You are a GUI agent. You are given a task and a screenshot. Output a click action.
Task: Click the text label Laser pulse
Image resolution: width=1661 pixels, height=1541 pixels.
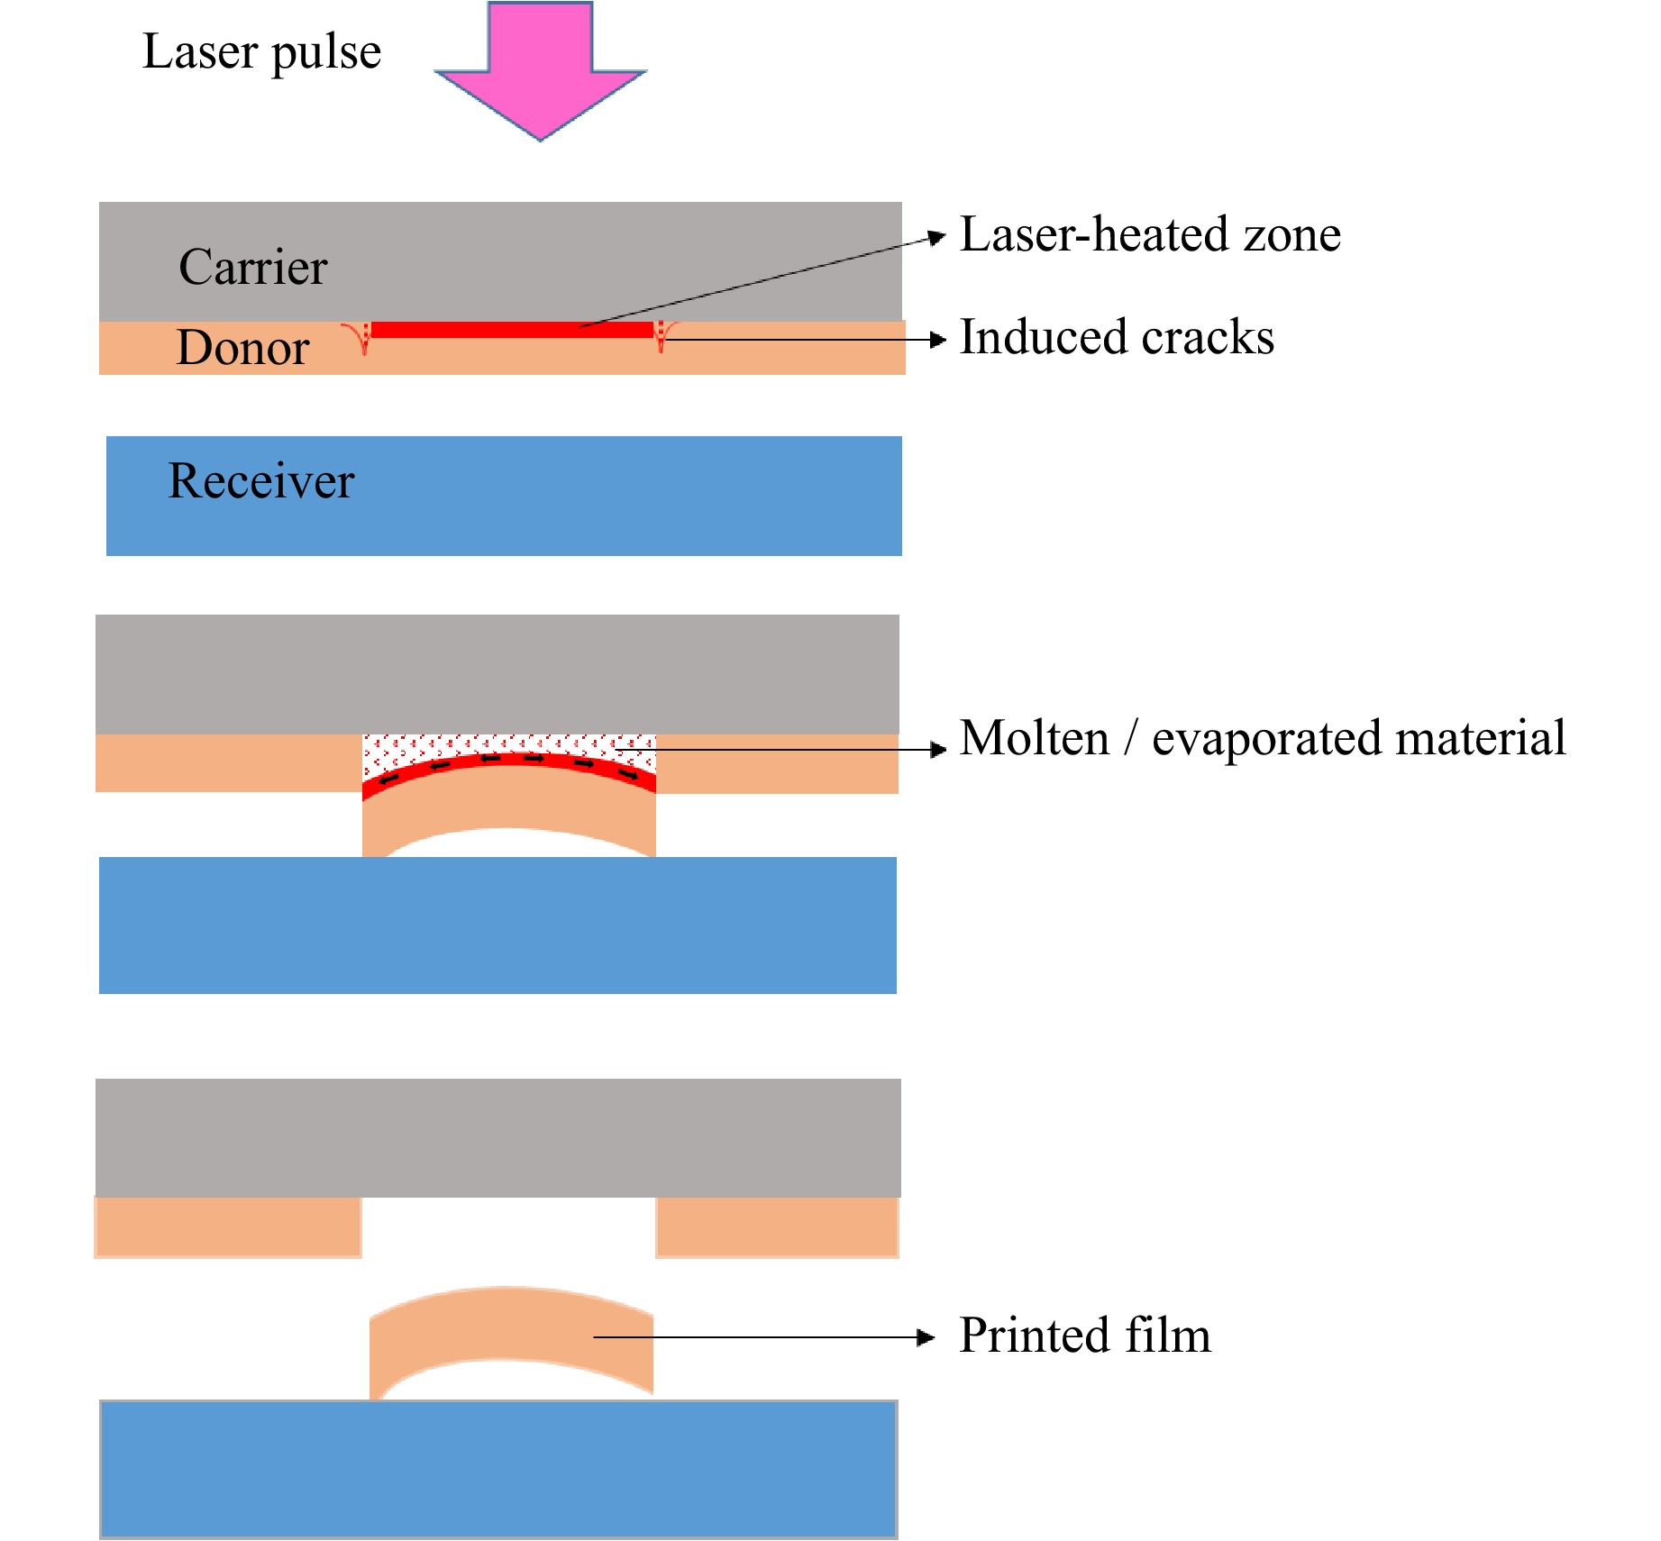(261, 51)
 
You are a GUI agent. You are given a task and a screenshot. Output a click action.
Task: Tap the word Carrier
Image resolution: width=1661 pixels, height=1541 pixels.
(252, 267)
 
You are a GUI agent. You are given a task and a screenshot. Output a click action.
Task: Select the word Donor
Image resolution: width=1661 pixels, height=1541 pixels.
(242, 348)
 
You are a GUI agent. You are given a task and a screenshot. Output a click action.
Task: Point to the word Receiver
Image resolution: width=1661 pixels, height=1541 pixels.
(261, 480)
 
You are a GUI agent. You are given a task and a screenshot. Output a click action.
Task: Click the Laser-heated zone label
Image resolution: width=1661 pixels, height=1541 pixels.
(1150, 234)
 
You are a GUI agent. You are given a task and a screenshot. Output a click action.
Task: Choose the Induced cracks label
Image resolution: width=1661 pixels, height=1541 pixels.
(1117, 337)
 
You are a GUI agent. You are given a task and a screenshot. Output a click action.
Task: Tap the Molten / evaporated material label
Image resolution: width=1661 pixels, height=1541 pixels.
(1262, 738)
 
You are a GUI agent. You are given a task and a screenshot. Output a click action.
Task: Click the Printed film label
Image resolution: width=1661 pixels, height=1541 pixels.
(1084, 1336)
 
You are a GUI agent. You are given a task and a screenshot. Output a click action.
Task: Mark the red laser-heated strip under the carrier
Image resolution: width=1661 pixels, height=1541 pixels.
(511, 330)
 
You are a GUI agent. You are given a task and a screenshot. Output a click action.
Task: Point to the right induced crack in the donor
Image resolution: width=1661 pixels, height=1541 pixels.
(662, 336)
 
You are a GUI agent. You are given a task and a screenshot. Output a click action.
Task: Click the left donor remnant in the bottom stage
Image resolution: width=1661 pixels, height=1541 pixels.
(228, 1226)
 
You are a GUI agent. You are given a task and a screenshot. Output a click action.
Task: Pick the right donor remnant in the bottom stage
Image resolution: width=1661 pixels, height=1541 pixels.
(777, 1226)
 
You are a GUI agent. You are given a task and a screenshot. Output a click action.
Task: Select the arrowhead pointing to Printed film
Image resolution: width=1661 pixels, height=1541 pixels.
(926, 1337)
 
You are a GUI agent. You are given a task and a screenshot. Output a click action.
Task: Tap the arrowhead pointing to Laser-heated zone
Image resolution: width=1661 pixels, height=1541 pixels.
(937, 238)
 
